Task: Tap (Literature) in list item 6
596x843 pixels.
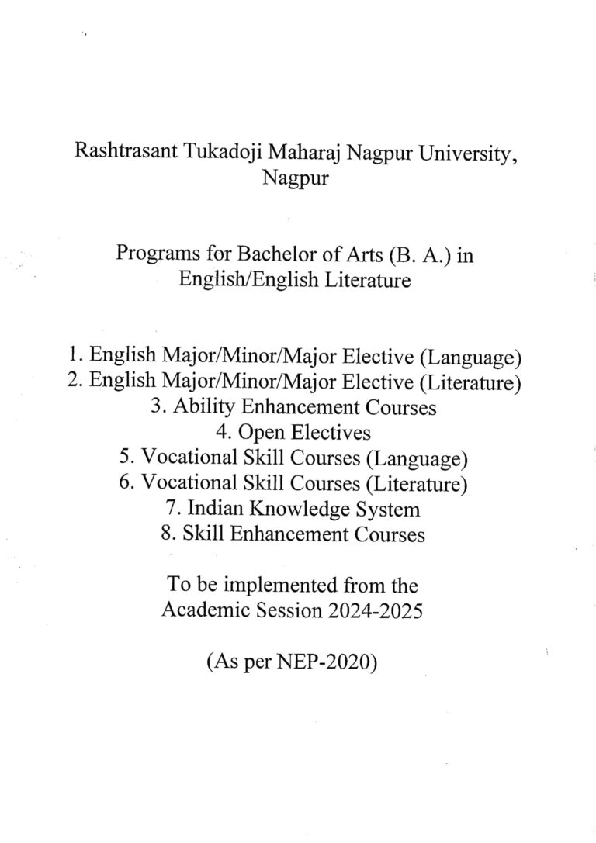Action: pos(419,484)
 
